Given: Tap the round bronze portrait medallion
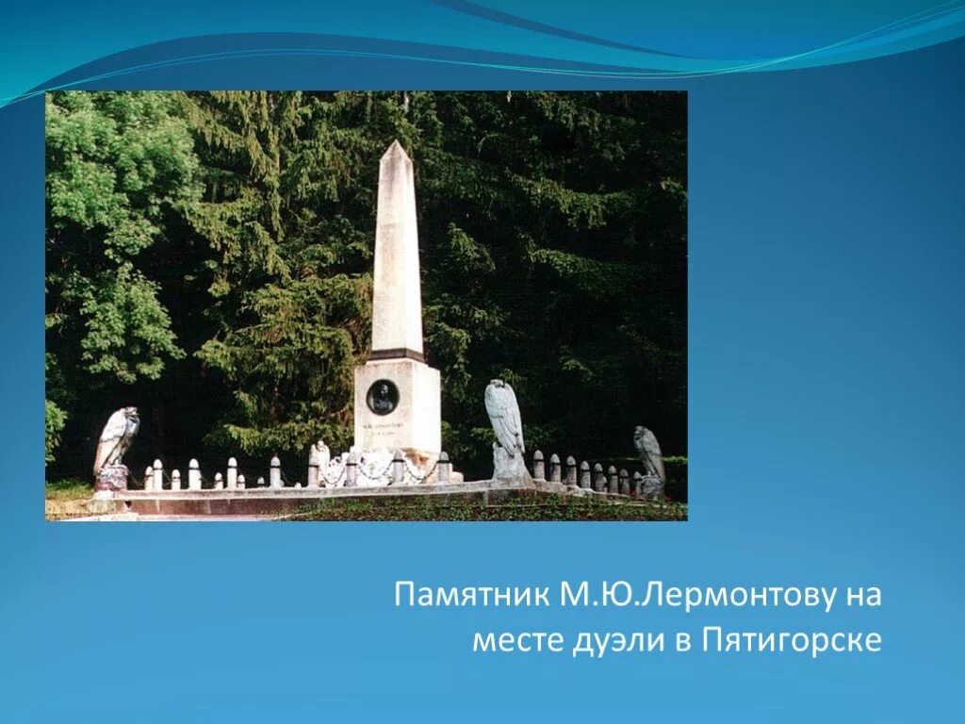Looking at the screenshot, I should point(382,397).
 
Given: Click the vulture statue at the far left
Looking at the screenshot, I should point(115,443).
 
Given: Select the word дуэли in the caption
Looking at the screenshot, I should point(614,641).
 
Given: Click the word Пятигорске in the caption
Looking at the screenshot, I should point(792,641).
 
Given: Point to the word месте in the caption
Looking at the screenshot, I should point(516,641).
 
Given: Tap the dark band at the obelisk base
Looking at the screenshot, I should point(397,355).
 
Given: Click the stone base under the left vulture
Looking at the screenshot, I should point(111,479).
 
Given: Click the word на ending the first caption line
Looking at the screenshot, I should point(862,595).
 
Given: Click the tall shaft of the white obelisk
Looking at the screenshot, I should point(397,255).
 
